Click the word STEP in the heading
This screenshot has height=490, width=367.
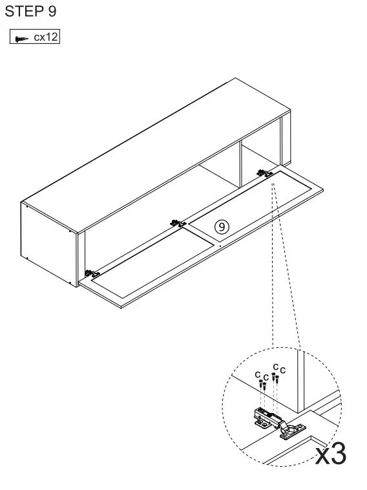(x=24, y=11)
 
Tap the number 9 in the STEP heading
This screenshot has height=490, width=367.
(x=52, y=11)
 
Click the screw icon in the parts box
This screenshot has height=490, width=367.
(x=21, y=39)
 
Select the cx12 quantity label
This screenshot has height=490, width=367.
(x=46, y=37)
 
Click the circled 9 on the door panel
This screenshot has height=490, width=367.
(x=222, y=226)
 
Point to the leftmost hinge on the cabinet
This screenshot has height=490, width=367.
(x=92, y=273)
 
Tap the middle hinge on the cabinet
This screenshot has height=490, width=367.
(x=178, y=223)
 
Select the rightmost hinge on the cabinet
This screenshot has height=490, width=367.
(x=264, y=173)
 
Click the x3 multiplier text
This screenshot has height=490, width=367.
(x=331, y=454)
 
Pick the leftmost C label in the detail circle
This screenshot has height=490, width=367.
(x=257, y=374)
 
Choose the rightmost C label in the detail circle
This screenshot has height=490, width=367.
(x=282, y=370)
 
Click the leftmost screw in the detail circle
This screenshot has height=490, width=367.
(x=260, y=384)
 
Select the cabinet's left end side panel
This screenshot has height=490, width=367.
(x=49, y=244)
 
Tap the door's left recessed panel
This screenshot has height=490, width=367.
(x=152, y=265)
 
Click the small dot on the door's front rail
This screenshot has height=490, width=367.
(x=220, y=246)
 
